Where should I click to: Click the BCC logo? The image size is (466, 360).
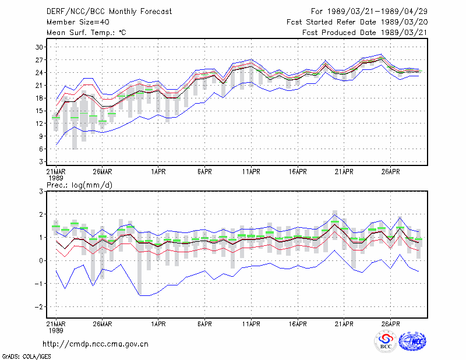coord(386,341)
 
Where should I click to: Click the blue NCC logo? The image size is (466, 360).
coord(412,341)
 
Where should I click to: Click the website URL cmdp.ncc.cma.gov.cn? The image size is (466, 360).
coord(96,344)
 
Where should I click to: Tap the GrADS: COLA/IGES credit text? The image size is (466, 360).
coord(26,356)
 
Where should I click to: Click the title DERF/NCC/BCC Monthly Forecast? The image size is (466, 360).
coord(109,12)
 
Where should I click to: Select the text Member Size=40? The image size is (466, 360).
coord(78,22)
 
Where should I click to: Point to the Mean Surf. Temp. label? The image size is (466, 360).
coord(86,33)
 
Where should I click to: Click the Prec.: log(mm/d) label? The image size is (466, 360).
coord(79,185)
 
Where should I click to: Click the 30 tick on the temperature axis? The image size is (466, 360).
coord(39,47)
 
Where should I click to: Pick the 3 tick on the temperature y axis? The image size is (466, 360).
coord(41,161)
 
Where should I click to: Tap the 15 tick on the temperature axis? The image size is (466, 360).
coord(39,111)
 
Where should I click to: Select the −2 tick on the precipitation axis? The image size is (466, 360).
coord(38,307)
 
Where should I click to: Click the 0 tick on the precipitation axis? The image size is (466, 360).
coord(41,261)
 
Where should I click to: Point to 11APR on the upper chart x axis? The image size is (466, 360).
coord(251,172)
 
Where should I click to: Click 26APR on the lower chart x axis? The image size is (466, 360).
coord(390,324)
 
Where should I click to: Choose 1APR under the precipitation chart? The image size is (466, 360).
coord(158,324)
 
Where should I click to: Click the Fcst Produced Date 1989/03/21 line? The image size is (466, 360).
coord(365,33)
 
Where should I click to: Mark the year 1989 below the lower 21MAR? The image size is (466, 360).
coord(56,330)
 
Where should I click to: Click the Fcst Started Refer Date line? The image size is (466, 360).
coord(357,22)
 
